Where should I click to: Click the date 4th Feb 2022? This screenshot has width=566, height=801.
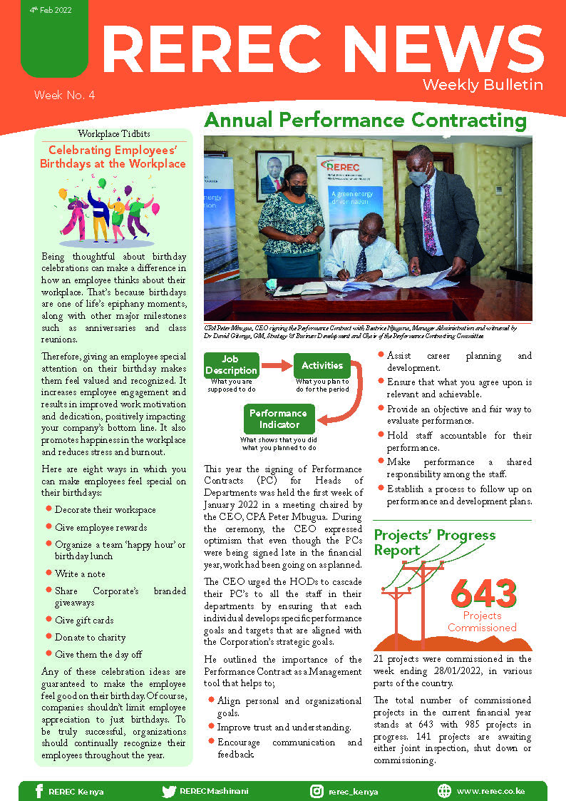(x=49, y=11)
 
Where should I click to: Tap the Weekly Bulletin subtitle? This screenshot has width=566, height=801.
(x=483, y=85)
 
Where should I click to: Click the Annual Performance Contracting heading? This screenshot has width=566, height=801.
(x=365, y=120)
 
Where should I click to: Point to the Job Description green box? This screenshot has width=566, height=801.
(x=231, y=365)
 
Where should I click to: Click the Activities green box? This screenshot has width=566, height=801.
(x=322, y=365)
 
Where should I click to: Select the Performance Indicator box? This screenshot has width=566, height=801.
(x=278, y=419)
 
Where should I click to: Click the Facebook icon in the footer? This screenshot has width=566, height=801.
(x=38, y=791)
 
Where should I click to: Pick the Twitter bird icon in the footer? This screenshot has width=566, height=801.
(x=169, y=791)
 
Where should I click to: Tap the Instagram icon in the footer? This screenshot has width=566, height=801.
(x=317, y=791)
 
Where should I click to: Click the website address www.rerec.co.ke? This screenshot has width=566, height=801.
(x=490, y=791)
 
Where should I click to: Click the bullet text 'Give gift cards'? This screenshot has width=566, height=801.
(x=84, y=621)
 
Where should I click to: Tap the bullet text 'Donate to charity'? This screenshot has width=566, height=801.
(x=90, y=638)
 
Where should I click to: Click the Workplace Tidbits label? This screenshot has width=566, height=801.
(x=114, y=134)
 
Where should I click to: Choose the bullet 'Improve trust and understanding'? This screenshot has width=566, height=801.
(x=284, y=727)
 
